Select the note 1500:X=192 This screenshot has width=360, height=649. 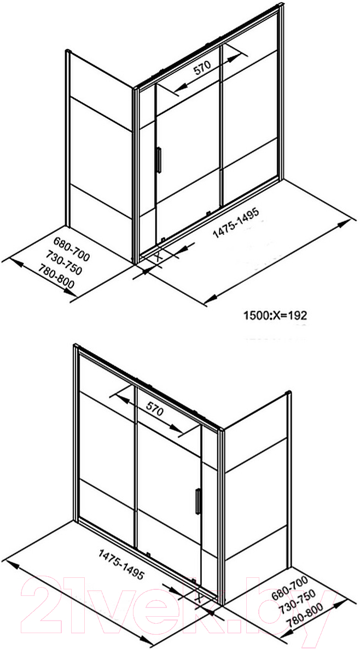tap(274, 316)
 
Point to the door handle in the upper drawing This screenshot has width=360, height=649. tap(158, 160)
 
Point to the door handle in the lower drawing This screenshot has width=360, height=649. tap(198, 501)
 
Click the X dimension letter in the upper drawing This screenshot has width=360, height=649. tap(158, 257)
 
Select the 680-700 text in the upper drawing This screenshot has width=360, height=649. tap(71, 250)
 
